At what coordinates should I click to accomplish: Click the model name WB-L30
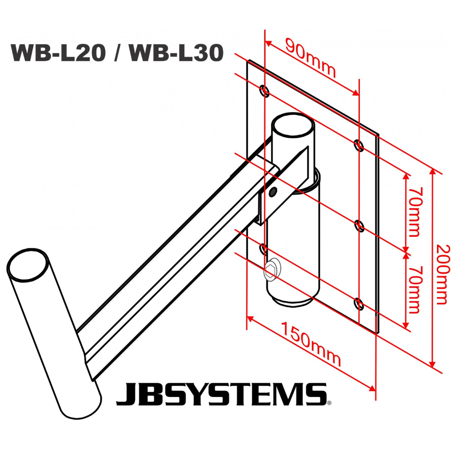click(176, 52)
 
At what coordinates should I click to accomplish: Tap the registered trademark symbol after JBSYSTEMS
click(329, 402)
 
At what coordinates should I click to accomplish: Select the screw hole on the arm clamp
click(273, 191)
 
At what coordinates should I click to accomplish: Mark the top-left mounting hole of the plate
click(265, 91)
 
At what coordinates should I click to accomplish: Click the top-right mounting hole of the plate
click(359, 146)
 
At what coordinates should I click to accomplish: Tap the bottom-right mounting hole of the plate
click(359, 303)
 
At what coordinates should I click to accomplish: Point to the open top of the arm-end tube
click(27, 265)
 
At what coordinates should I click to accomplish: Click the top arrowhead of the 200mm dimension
click(433, 171)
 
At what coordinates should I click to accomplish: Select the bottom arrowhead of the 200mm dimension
click(433, 365)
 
